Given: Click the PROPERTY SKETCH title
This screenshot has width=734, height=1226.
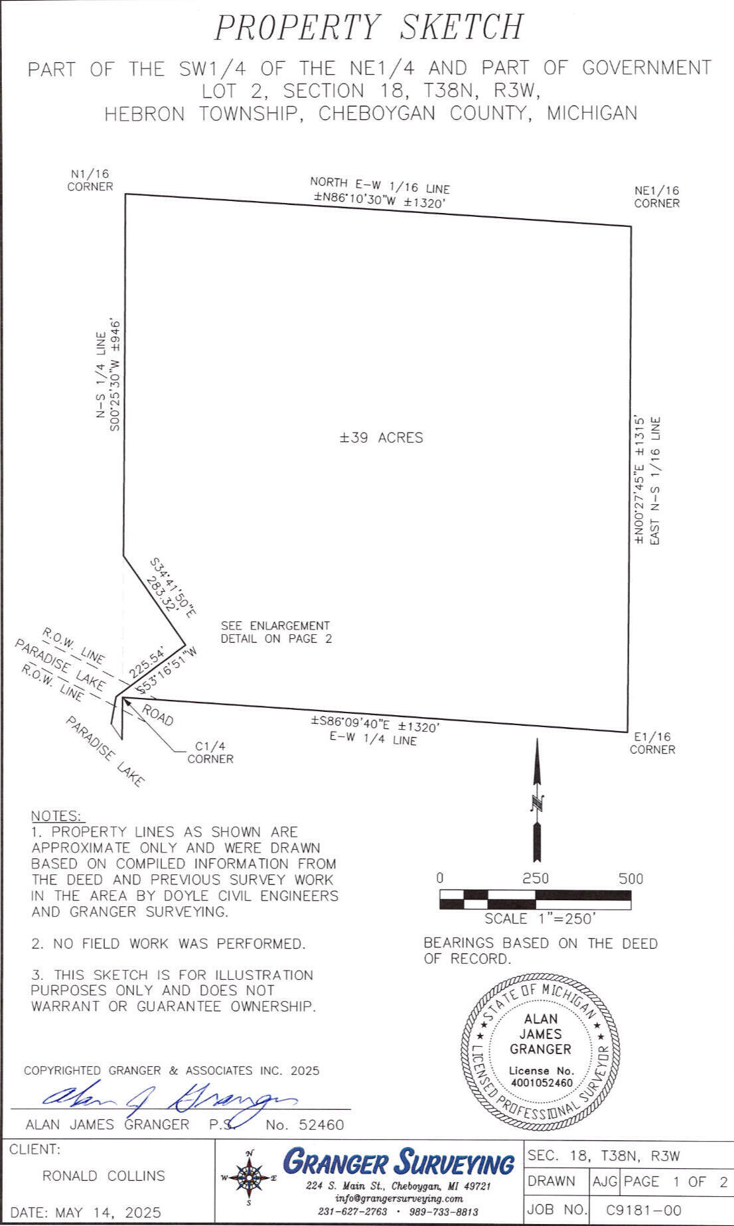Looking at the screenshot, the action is click(369, 28).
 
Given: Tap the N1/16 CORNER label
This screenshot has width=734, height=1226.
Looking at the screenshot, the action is click(90, 180).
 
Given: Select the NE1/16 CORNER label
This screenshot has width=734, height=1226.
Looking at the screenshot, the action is click(656, 197).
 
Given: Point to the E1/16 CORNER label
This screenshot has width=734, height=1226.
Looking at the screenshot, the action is click(652, 743).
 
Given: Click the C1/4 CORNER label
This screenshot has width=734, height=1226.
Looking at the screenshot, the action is click(210, 752).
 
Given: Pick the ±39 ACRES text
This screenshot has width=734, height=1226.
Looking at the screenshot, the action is click(382, 438).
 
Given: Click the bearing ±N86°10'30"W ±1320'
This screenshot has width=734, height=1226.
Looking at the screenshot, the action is click(379, 202).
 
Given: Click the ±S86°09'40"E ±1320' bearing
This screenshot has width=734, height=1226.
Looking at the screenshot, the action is click(375, 724).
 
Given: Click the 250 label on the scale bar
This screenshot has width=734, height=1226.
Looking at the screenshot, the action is click(536, 879).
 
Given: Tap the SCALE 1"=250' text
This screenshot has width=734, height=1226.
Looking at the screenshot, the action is click(540, 919).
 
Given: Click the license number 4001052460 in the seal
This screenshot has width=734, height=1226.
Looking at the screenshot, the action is click(542, 1083).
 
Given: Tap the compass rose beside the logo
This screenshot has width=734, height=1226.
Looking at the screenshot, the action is click(250, 1178).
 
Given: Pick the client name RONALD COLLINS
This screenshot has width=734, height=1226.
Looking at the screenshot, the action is click(104, 1176).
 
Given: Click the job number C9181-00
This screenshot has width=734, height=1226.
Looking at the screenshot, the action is click(644, 1210).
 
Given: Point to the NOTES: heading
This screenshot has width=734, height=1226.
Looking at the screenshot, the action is click(56, 816).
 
